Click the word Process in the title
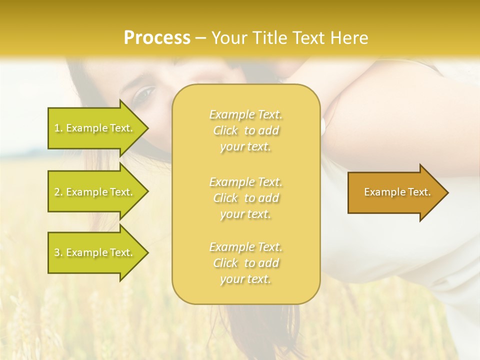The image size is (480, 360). tap(157, 38)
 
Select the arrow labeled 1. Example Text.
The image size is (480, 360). tap(95, 128)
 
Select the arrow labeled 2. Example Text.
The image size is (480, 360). tap(95, 192)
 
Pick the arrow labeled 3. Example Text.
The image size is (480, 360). tap(95, 252)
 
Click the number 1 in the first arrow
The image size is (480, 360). tap(57, 128)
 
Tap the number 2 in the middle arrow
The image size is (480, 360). tap(57, 192)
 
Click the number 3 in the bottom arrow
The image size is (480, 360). tap(57, 253)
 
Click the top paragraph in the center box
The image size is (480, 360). tap(245, 130)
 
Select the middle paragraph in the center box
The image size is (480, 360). tap(245, 198)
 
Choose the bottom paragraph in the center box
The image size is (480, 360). tap(245, 263)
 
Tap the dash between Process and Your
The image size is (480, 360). tap(200, 38)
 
